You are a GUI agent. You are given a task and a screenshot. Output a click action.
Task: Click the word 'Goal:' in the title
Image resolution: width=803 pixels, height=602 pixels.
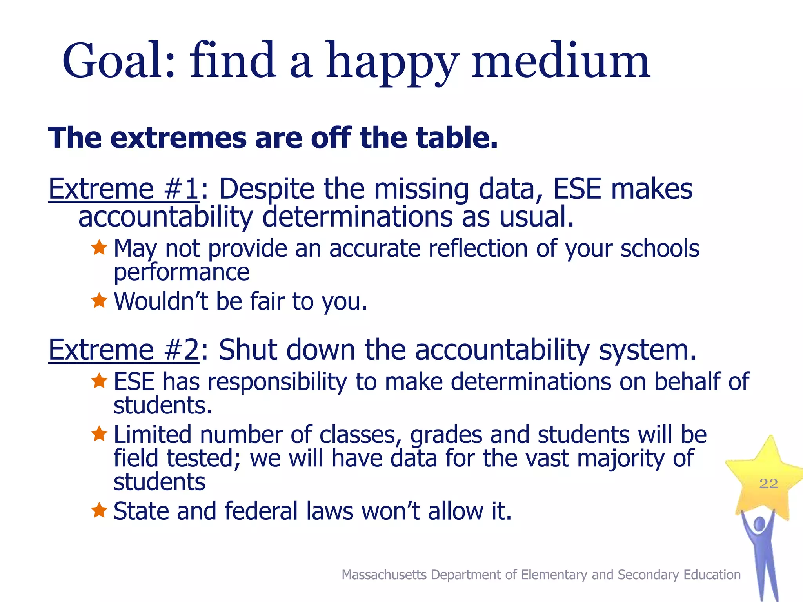118,61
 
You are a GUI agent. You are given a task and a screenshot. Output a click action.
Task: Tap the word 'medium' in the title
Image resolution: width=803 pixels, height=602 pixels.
561,61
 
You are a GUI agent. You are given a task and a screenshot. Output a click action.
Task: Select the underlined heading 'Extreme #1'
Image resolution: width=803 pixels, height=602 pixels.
124,189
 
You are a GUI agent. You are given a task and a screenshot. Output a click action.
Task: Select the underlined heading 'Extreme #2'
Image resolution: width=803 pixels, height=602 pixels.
124,350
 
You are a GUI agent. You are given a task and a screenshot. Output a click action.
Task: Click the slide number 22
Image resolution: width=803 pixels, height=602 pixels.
768,484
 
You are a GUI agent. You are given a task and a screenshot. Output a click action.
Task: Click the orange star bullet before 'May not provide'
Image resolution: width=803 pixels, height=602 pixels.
99,248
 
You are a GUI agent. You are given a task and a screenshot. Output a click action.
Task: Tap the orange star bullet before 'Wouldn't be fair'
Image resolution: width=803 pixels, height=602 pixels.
99,301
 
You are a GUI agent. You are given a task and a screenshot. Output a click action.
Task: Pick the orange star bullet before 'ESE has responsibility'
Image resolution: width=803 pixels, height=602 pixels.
99,381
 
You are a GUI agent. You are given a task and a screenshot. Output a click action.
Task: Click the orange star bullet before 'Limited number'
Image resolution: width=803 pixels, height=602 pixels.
99,434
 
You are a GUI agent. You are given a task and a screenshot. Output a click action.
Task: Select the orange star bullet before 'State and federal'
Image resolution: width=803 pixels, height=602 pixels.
99,510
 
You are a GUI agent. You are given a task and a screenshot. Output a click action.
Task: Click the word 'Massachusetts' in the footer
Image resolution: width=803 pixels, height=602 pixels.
384,575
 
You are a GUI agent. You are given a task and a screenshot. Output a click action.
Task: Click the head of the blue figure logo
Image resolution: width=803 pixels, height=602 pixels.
759,524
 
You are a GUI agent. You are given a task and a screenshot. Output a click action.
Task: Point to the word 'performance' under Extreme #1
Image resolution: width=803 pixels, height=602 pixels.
181,272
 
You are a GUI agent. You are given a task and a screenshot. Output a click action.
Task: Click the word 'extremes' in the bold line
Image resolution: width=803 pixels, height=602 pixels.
178,138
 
